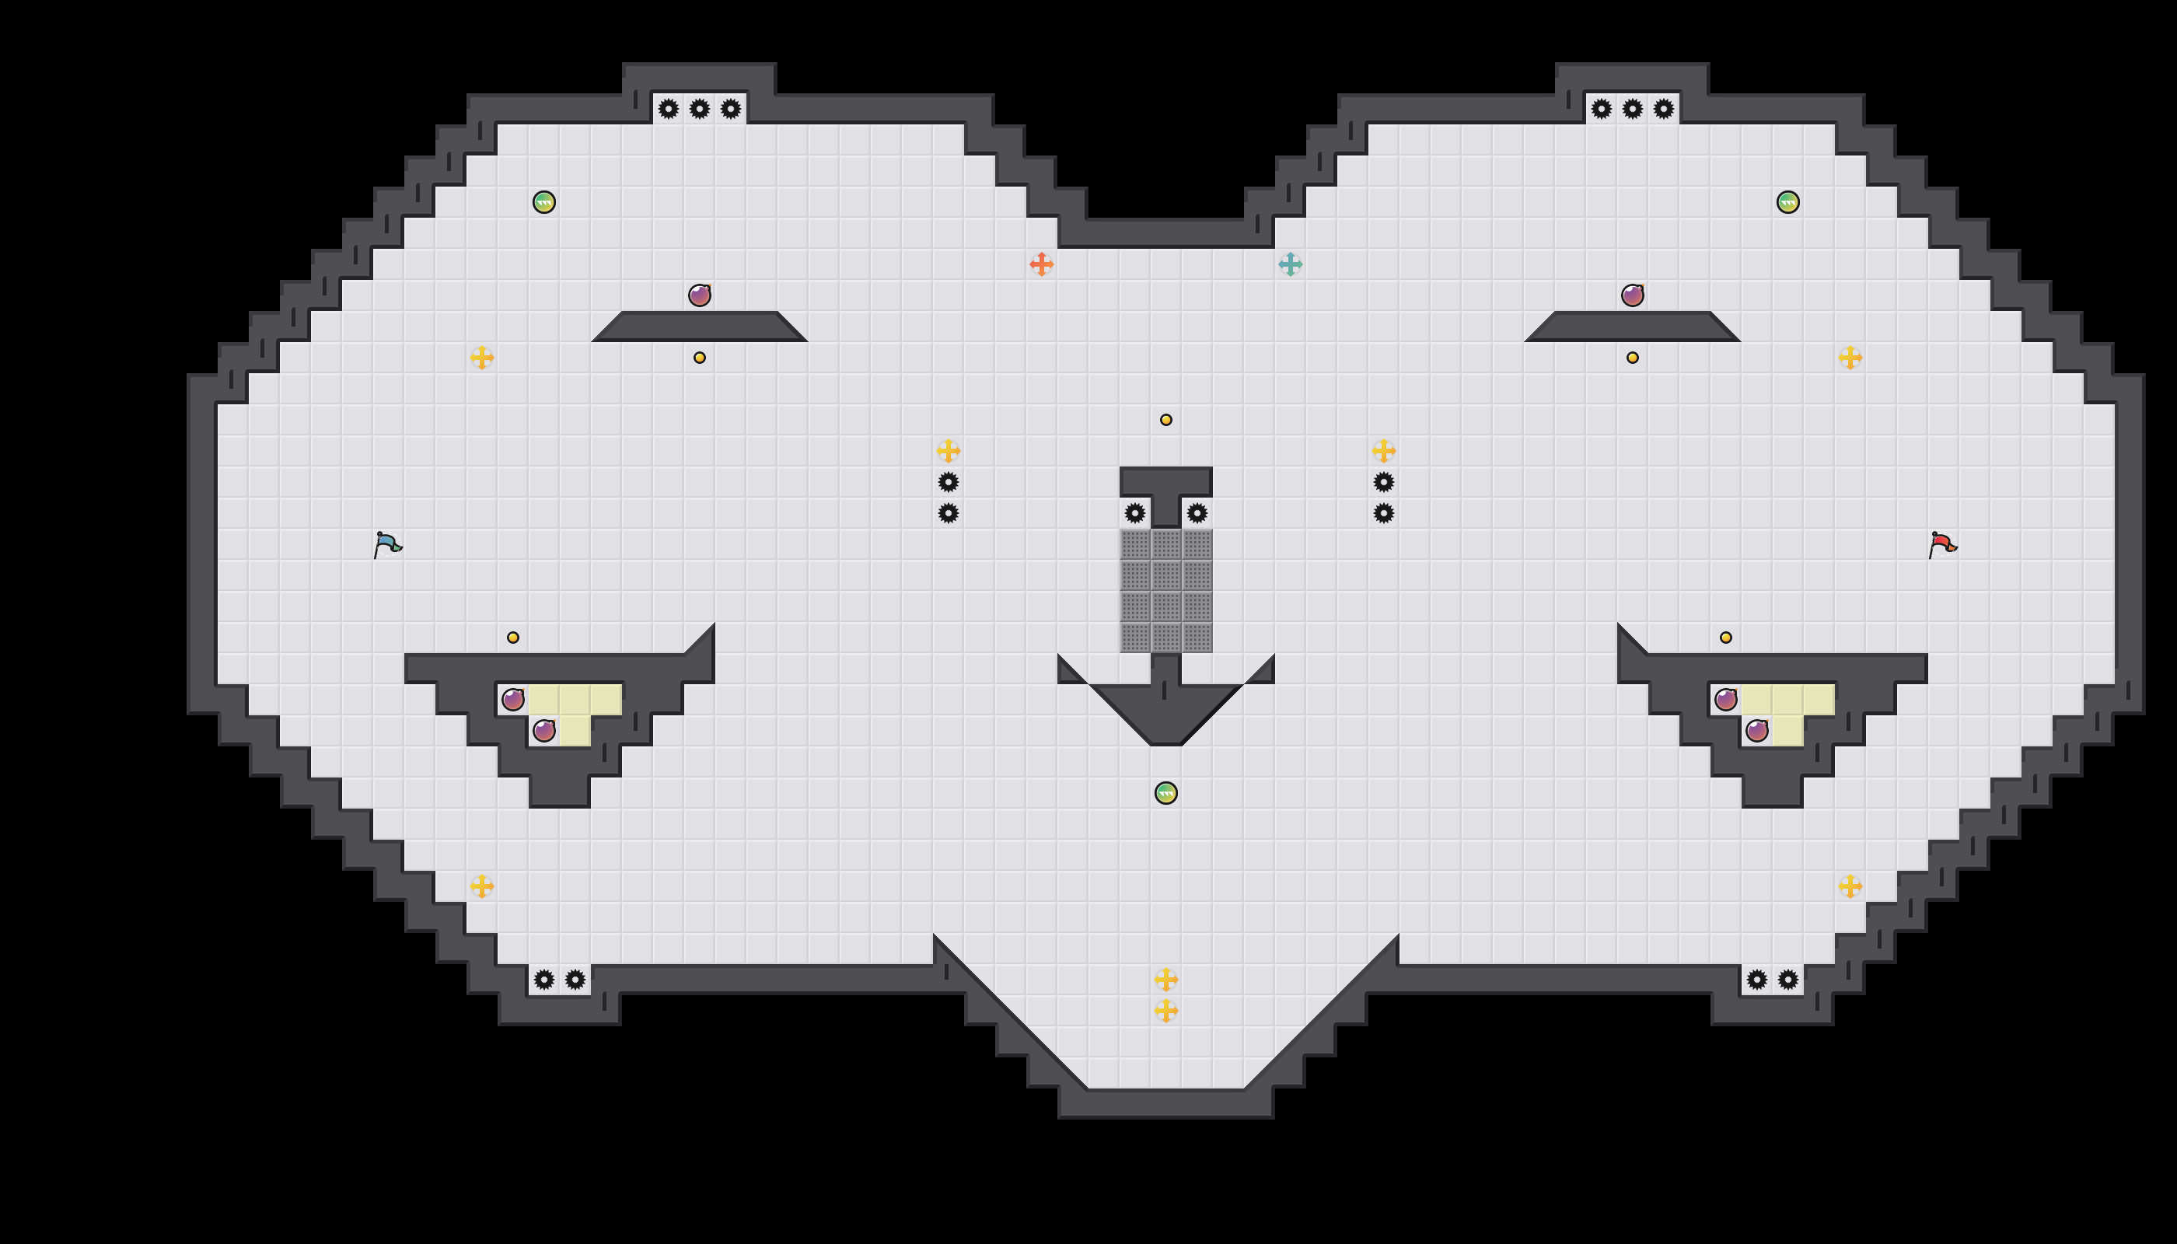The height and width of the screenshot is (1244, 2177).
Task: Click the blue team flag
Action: tap(387, 544)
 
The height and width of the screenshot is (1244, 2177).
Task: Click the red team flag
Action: tap(1942, 544)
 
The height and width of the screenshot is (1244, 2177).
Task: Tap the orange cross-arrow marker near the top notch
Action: tap(1040, 264)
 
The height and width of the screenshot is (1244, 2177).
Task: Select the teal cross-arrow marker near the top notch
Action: tap(1290, 264)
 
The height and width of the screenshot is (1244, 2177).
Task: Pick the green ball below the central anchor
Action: tap(1165, 793)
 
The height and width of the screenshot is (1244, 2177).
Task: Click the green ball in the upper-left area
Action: tap(544, 201)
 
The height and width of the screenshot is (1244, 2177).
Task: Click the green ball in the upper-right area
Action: tap(1787, 201)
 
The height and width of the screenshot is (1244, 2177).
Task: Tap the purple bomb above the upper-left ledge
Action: tap(700, 295)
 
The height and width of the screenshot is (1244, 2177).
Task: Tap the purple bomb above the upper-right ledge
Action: tap(1632, 295)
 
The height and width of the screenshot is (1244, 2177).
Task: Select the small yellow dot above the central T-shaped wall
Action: tap(1165, 420)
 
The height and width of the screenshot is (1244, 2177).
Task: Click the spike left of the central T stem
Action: tap(1134, 512)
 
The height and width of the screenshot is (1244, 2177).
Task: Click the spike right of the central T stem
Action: tap(1197, 512)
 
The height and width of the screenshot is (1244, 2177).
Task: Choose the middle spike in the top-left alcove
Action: tap(700, 109)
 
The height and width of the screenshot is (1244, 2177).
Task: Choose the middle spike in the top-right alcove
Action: tap(1632, 109)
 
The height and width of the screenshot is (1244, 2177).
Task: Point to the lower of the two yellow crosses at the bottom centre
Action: tap(1165, 1011)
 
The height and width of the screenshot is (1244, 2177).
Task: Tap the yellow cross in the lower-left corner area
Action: tap(482, 886)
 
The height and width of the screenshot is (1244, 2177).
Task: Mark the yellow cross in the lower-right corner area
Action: tap(1850, 886)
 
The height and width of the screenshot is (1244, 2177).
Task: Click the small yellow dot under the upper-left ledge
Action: tap(700, 357)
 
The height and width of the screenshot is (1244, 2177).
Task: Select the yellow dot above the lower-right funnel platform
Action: tap(1726, 638)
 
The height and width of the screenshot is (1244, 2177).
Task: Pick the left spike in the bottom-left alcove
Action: tap(544, 979)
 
